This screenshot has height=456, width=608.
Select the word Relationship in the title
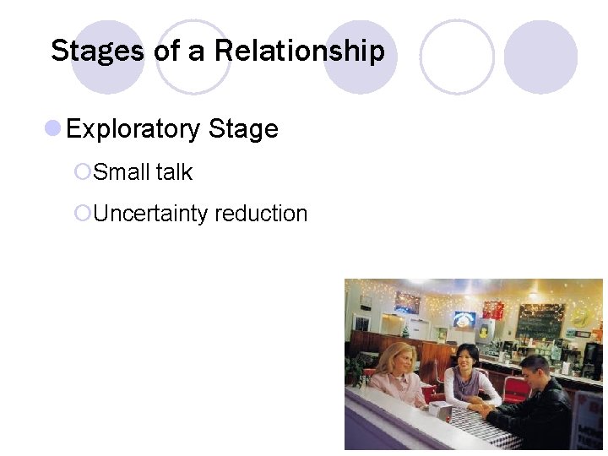click(299, 51)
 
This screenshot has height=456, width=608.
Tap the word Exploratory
click(133, 129)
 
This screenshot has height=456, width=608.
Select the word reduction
click(261, 214)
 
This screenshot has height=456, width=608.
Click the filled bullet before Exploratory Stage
click(52, 128)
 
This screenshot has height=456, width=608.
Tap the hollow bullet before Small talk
click(82, 172)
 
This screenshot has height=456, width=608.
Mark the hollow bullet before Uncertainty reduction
click(82, 214)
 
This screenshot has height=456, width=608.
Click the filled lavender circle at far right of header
click(540, 57)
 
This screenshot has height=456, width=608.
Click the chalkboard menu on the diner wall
click(540, 322)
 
